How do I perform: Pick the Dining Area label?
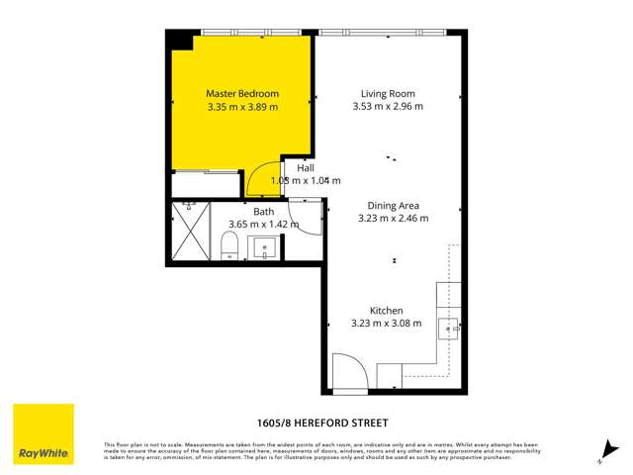click(393, 206)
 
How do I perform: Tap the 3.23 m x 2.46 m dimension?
click(393, 219)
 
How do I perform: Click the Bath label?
click(263, 212)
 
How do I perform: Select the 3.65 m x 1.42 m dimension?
click(263, 225)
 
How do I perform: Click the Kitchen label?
click(386, 310)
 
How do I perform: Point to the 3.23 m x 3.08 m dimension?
click(386, 323)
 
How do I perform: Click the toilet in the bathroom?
click(227, 245)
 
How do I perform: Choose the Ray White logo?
click(43, 434)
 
